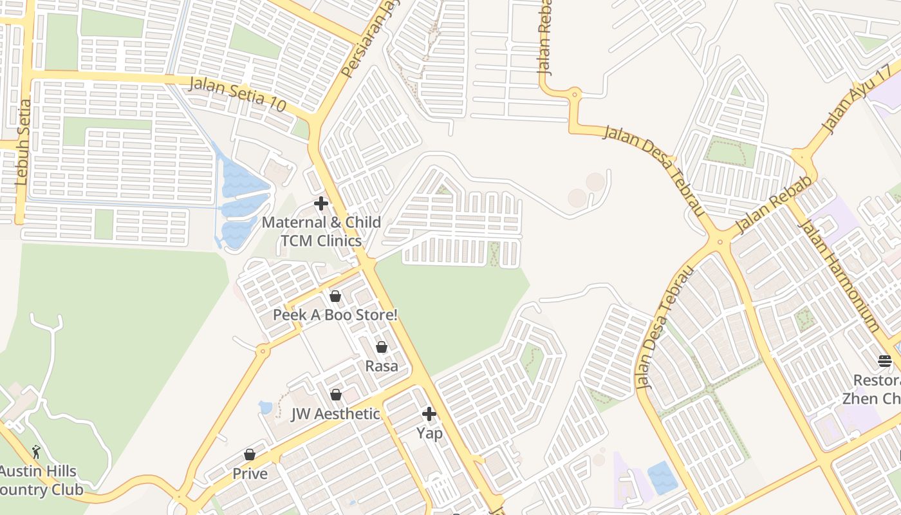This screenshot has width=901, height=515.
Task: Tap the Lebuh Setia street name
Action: coord(23,143)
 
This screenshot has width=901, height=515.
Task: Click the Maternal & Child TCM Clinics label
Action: coord(321,232)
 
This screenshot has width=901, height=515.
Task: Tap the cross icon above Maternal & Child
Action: coord(321,204)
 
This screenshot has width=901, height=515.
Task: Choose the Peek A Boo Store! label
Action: coord(335,315)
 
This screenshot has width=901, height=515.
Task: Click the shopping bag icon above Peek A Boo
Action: coord(335,296)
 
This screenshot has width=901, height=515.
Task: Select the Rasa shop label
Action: coord(382,366)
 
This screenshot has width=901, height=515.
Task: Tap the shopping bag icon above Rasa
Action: coord(382,348)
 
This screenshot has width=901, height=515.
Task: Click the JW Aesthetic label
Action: coord(335,414)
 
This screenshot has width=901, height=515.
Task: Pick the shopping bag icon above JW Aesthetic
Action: coord(335,395)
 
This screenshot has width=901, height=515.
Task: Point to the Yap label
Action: coord(429,433)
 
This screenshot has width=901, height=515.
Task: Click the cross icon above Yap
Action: coord(429,414)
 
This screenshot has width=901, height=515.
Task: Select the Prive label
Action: coord(250,474)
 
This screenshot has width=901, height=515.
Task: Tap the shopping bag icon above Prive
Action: coord(250,455)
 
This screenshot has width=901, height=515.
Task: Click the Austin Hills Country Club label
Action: coord(40,481)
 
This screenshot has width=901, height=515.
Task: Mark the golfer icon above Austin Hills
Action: coord(36,452)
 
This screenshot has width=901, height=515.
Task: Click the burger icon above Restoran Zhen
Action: coord(885,361)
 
